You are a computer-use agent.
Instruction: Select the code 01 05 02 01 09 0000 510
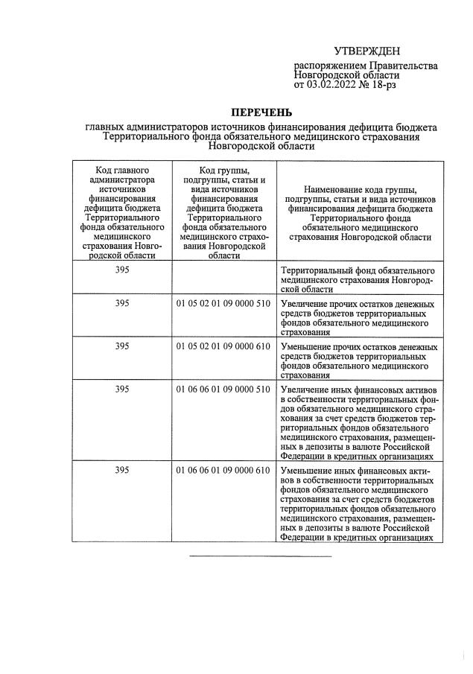pos(223,303)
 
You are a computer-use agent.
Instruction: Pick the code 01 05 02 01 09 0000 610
pos(223,346)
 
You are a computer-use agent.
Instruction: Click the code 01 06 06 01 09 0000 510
pos(223,389)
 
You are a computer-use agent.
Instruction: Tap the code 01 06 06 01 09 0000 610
pos(223,471)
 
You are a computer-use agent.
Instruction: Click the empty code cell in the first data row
pos(223,279)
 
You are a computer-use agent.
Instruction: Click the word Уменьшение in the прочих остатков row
pos(306,347)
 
